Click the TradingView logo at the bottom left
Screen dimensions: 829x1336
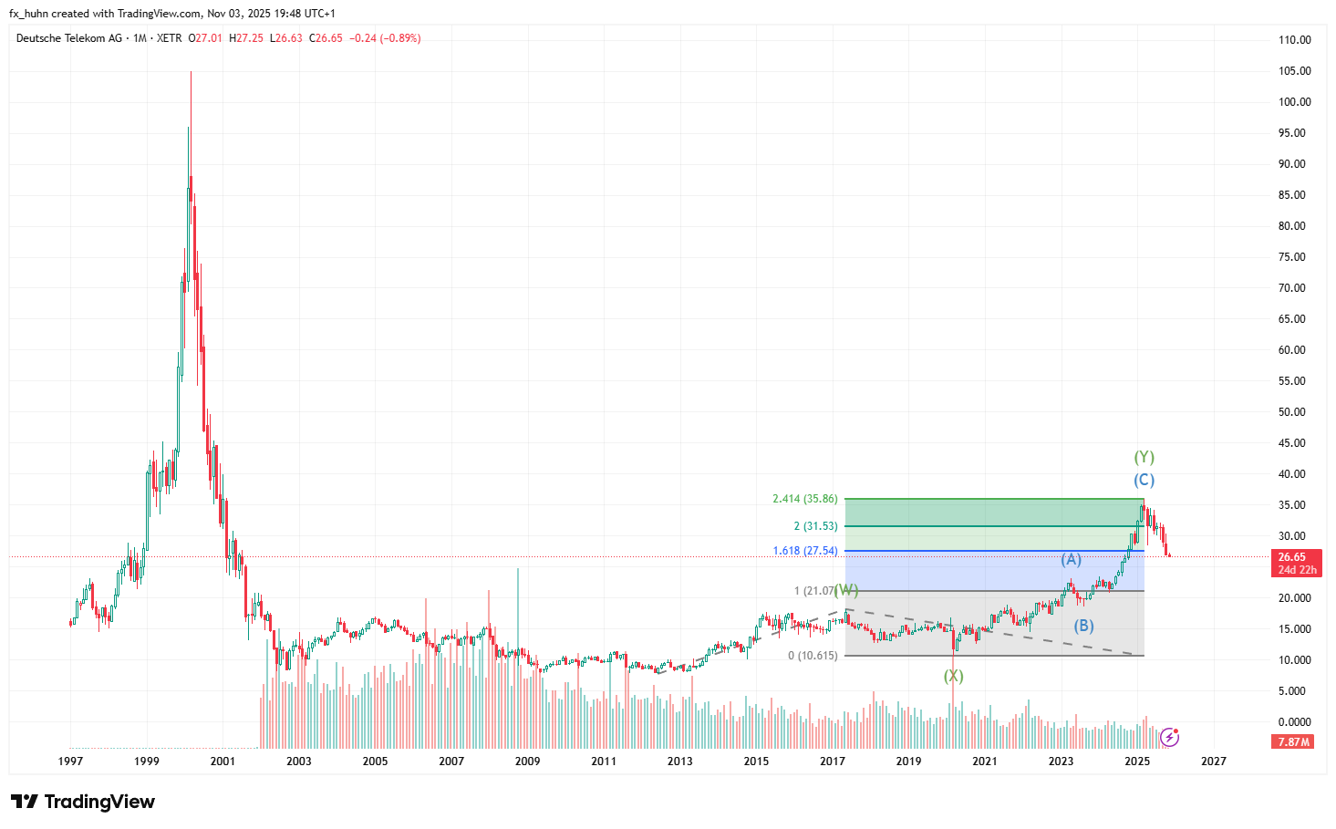(x=83, y=802)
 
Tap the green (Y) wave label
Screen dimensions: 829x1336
(x=1144, y=457)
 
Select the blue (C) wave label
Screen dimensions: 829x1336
(x=1144, y=480)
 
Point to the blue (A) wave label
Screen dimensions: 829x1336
(x=1071, y=559)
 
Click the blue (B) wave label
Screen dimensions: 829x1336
(x=1083, y=626)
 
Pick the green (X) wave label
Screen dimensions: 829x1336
(x=953, y=676)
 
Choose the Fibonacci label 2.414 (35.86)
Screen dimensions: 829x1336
(x=804, y=499)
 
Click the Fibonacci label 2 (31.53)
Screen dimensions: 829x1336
(x=815, y=526)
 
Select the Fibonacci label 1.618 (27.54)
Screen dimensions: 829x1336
(x=804, y=551)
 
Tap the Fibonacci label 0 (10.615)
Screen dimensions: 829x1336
(x=813, y=656)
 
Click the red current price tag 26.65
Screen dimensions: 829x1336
(x=1291, y=557)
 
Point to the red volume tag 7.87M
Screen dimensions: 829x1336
(x=1293, y=742)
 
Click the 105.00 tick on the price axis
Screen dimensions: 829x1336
(x=1294, y=71)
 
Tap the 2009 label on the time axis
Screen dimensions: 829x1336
(x=527, y=762)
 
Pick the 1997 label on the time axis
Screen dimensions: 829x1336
(x=70, y=762)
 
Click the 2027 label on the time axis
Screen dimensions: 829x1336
(x=1213, y=762)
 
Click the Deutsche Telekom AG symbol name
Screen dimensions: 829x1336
(x=69, y=38)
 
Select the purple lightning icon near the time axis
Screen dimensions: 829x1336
(x=1169, y=737)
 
